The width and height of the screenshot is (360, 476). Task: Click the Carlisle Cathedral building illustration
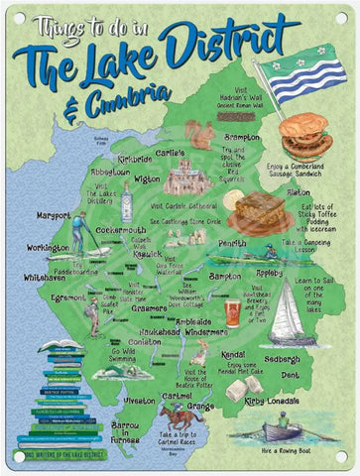pyautogui.click(x=185, y=179)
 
